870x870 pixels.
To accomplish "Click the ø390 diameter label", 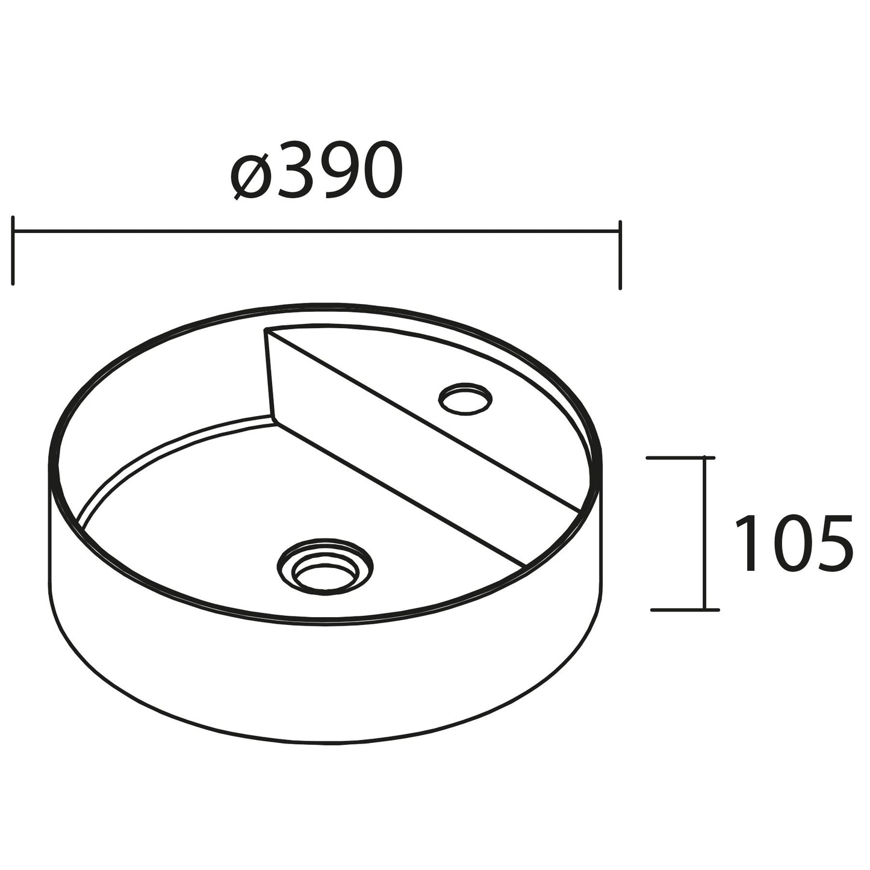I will (317, 172).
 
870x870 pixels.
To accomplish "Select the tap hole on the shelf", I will (465, 399).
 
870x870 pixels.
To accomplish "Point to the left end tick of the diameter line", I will (13, 250).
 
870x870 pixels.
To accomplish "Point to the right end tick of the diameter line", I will (619, 254).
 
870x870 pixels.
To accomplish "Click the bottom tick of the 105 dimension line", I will (685, 610).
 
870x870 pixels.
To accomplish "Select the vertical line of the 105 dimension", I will (703, 533).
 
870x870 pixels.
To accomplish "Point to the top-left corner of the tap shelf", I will (266, 329).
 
